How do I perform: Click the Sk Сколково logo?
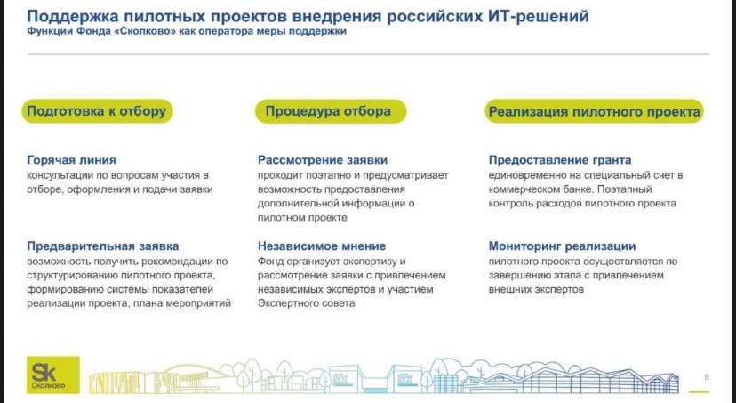click(x=53, y=375)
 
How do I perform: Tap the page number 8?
click(x=707, y=377)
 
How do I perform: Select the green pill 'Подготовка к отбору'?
click(x=97, y=111)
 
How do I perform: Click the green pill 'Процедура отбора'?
click(x=331, y=111)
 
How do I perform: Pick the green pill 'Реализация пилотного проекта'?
click(x=595, y=111)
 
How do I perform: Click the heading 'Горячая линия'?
click(x=71, y=160)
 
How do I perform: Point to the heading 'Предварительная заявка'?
click(x=103, y=246)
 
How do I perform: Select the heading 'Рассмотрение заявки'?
click(x=323, y=160)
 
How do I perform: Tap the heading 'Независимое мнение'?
click(x=322, y=246)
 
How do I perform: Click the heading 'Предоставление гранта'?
click(x=560, y=160)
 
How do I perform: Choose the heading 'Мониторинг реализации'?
click(x=563, y=246)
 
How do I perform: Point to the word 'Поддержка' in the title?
click(x=72, y=16)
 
